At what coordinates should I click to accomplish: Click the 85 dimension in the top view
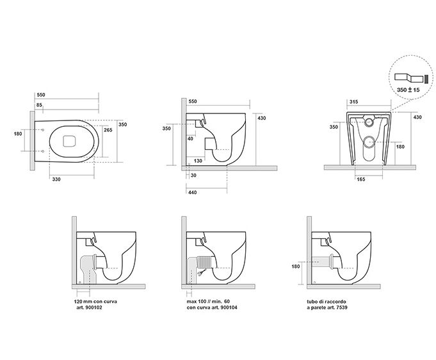coord(39,105)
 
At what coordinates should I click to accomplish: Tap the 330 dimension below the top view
coord(57,179)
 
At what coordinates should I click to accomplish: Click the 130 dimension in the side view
coord(198,161)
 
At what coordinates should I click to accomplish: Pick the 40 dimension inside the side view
coord(191,138)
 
